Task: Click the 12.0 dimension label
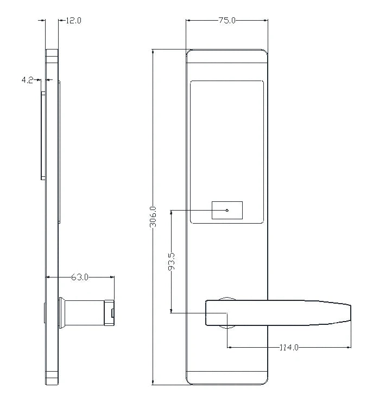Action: pos(73,21)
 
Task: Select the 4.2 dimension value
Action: pos(28,80)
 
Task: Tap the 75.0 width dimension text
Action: pos(227,21)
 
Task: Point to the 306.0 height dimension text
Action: pos(153,217)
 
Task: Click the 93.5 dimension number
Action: pos(171,262)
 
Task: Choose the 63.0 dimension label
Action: pos(80,277)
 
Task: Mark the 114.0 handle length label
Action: pos(288,347)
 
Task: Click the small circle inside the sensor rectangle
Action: pos(227,211)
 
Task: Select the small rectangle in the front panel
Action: pos(227,211)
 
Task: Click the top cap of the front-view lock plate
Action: pos(227,56)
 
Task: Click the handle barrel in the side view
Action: pos(87,313)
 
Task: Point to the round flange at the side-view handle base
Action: pos(61,313)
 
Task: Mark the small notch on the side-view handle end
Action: pos(112,313)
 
